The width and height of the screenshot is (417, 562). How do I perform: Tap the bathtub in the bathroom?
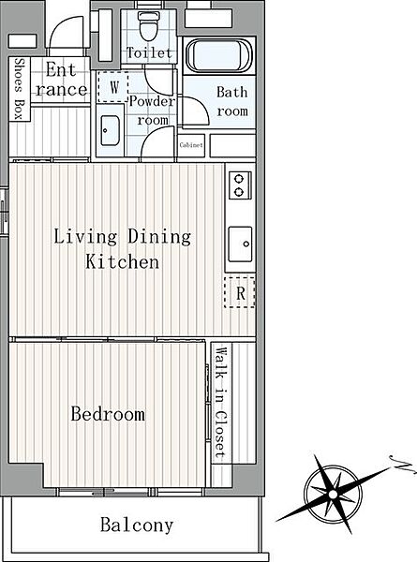pos(219,55)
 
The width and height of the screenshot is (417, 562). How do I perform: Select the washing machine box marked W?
pos(112,87)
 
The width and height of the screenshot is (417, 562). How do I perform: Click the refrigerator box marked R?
pos(240,292)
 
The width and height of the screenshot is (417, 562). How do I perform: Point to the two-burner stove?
pos(240,185)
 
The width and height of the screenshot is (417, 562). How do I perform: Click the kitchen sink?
pos(240,244)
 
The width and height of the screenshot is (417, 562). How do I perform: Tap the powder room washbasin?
pos(110,130)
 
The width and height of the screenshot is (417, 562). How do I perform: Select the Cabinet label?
pos(191,145)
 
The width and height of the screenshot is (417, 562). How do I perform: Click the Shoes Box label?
pos(19,89)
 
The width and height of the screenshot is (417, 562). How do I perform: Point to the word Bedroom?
pos(108,414)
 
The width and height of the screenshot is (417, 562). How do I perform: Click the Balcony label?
pos(137,525)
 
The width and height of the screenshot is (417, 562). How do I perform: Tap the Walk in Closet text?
pos(221,403)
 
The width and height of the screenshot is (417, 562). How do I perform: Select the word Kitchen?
pos(122,261)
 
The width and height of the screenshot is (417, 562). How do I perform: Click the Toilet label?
pos(150,53)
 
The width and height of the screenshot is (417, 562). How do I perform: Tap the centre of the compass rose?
pos(333,495)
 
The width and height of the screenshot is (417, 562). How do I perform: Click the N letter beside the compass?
pos(402,465)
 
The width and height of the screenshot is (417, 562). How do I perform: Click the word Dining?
pos(159,237)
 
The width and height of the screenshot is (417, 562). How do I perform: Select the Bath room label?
pos(232,101)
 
